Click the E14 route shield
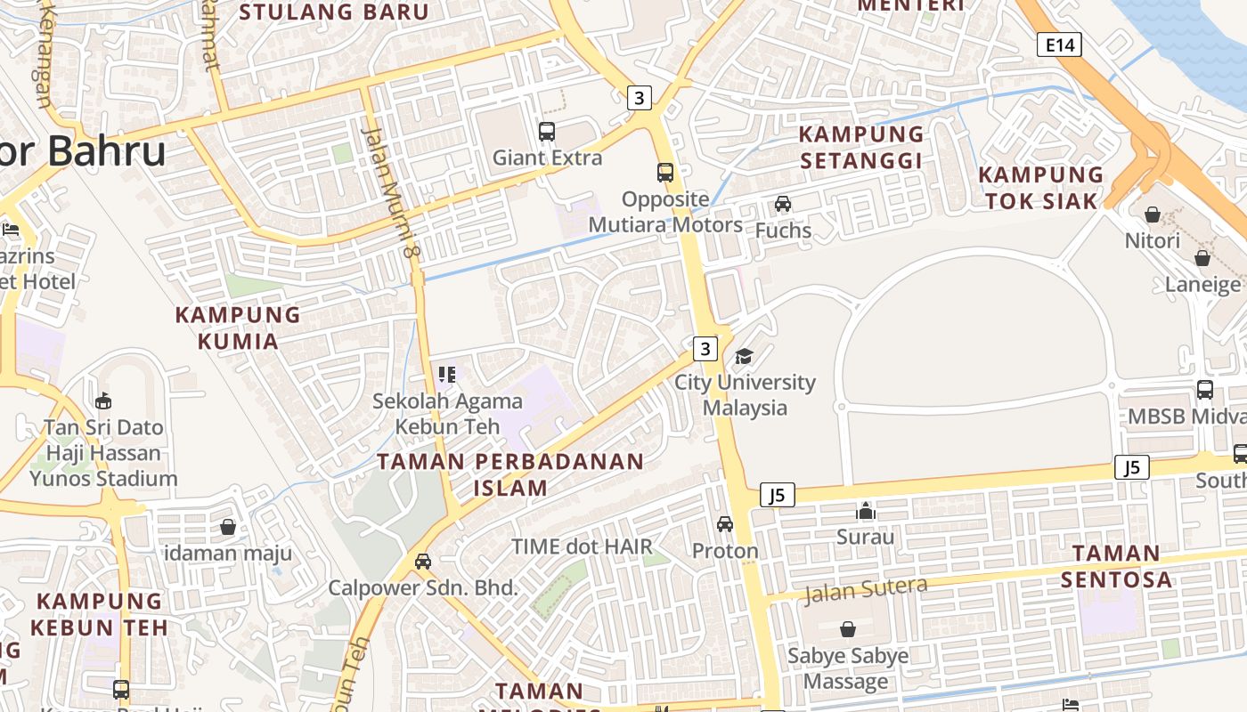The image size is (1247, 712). click(x=1059, y=44)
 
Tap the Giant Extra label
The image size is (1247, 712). click(x=547, y=158)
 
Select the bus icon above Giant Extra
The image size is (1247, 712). click(x=547, y=132)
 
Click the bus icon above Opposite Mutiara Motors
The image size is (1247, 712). click(x=665, y=173)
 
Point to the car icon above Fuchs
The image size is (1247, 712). click(x=783, y=204)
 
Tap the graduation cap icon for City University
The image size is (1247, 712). click(x=744, y=357)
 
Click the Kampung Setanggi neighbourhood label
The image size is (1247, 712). click(x=860, y=148)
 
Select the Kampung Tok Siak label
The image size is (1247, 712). click(x=1040, y=188)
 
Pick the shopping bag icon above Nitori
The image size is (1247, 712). click(x=1153, y=214)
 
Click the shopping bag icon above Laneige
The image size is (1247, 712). click(x=1202, y=258)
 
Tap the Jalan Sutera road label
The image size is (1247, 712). click(x=866, y=589)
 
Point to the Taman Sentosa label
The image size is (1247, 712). click(x=1116, y=567)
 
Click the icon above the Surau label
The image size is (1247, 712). click(x=866, y=511)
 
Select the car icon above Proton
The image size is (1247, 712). click(x=725, y=524)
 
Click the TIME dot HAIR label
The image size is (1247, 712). click(x=582, y=546)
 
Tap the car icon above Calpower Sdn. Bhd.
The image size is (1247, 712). click(x=423, y=562)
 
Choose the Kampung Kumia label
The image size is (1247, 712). click(x=238, y=328)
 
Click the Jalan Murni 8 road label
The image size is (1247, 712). click(x=391, y=191)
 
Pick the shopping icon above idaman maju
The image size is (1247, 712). click(x=228, y=527)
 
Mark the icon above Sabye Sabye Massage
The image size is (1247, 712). click(x=848, y=630)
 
